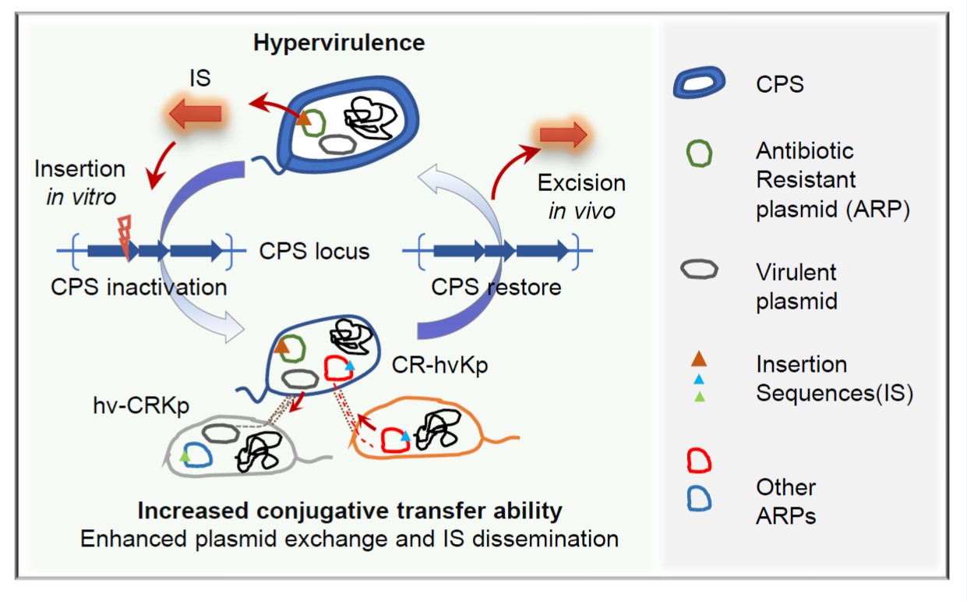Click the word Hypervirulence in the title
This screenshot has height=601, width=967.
pyautogui.click(x=339, y=42)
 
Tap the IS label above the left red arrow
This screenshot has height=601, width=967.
pyautogui.click(x=200, y=80)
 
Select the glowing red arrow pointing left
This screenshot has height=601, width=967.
pyautogui.click(x=194, y=113)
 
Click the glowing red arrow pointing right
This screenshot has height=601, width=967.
pyautogui.click(x=563, y=135)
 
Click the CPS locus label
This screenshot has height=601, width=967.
pyautogui.click(x=314, y=251)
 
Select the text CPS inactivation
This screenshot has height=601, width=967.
pyautogui.click(x=139, y=287)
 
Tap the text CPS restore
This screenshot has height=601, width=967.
pyautogui.click(x=496, y=287)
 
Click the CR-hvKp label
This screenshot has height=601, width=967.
pyautogui.click(x=439, y=364)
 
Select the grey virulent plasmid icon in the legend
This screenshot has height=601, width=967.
pyautogui.click(x=699, y=270)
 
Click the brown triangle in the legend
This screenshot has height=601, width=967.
pyautogui.click(x=699, y=359)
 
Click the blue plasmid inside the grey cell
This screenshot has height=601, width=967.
pyautogui.click(x=198, y=454)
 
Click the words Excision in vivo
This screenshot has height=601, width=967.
pyautogui.click(x=581, y=196)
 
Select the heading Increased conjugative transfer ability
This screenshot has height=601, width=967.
pyautogui.click(x=350, y=511)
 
